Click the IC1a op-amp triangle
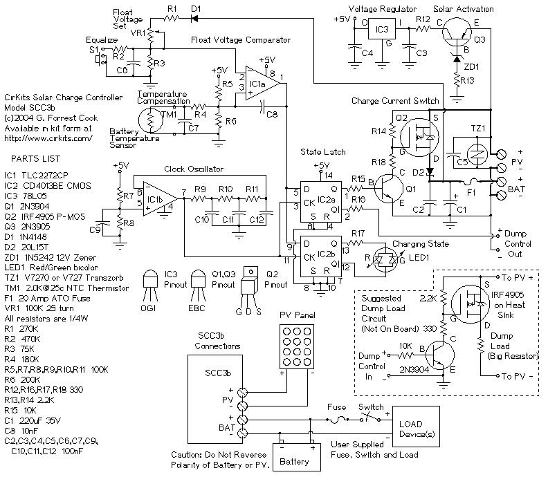[x=262, y=83]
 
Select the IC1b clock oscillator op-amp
[x=159, y=198]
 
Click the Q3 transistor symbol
[x=457, y=32]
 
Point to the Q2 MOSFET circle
[x=419, y=137]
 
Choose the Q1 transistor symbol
[x=389, y=189]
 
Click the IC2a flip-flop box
[x=321, y=201]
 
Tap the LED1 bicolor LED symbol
[x=385, y=260]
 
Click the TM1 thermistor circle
[x=151, y=120]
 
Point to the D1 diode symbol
[x=194, y=18]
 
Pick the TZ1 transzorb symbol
[x=477, y=153]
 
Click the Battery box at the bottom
[x=296, y=457]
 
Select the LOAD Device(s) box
[x=416, y=427]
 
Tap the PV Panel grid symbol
[x=296, y=346]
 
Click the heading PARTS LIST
[x=36, y=159]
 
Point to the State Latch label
[x=323, y=152]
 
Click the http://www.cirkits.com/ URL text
[x=48, y=138]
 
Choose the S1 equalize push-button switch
[x=100, y=58]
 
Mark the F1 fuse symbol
[x=472, y=182]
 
